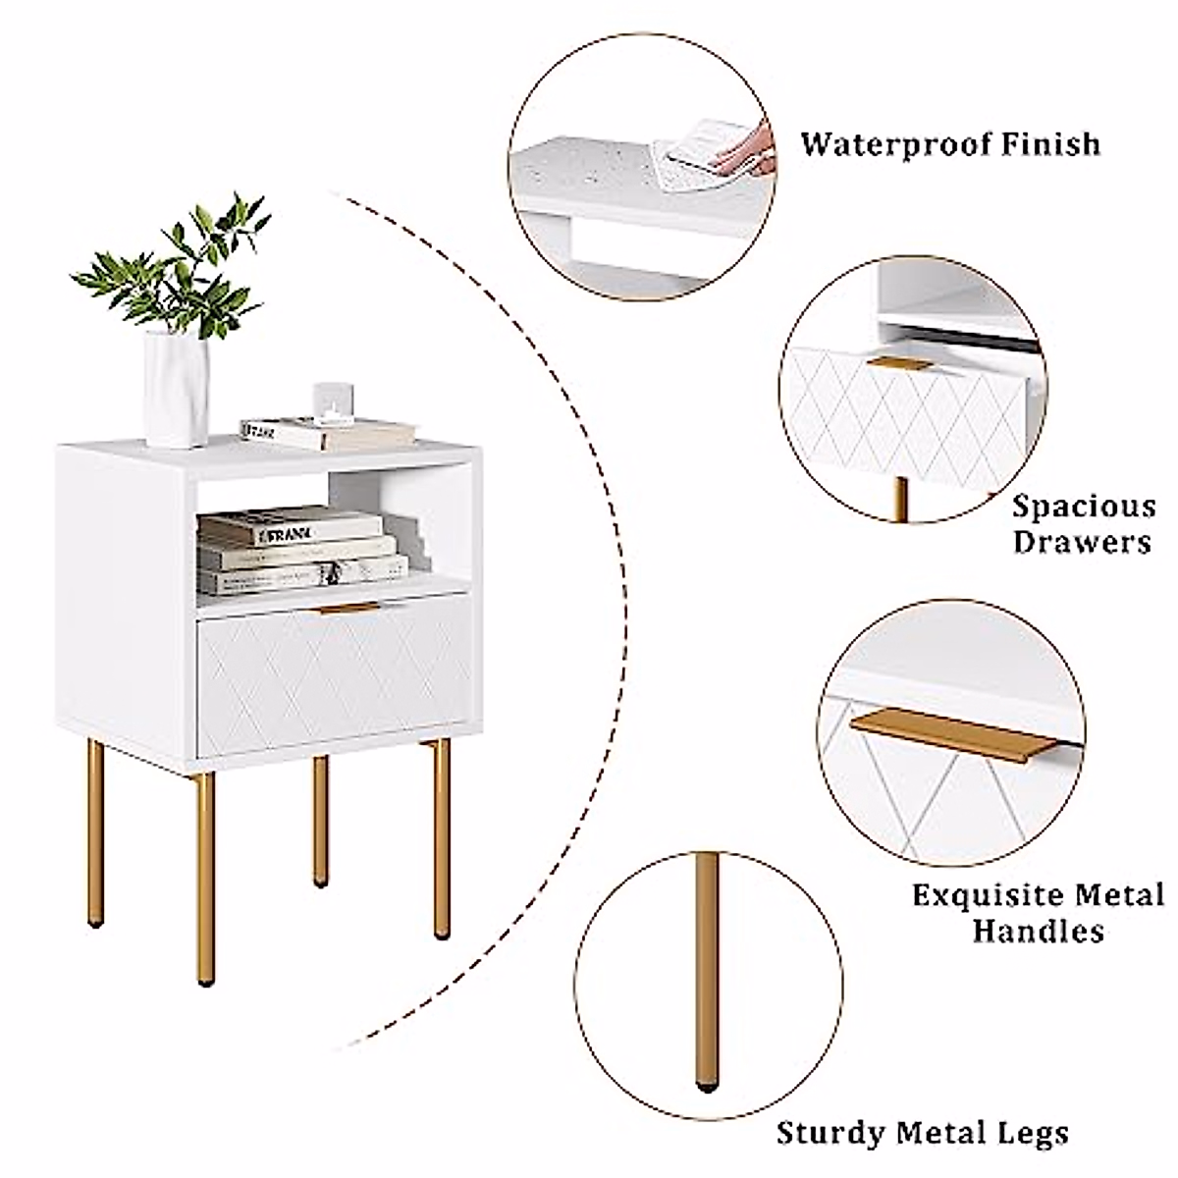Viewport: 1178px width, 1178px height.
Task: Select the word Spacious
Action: pyautogui.click(x=1084, y=508)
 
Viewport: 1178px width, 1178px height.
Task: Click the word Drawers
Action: pyautogui.click(x=1083, y=542)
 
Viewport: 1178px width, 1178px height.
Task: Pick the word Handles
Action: pyautogui.click(x=1039, y=931)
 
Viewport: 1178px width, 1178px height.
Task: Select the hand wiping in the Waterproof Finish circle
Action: pyautogui.click(x=746, y=152)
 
